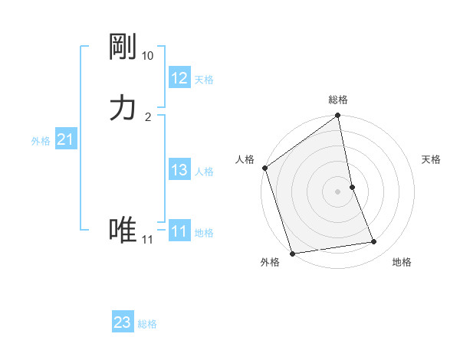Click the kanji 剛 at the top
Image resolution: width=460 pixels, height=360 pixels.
click(123, 47)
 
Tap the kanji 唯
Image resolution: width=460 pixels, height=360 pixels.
click(123, 230)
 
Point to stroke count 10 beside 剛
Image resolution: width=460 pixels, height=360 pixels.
click(147, 56)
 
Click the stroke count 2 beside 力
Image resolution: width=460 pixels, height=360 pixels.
click(148, 116)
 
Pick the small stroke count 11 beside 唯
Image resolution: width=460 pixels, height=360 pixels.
click(147, 240)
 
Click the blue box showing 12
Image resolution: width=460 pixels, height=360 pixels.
click(179, 78)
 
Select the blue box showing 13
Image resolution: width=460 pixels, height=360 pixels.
click(179, 170)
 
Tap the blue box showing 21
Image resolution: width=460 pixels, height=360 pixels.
click(65, 139)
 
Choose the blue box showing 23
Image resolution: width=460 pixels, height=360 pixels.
click(123, 322)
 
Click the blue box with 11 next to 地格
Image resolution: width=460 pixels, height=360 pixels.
click(179, 231)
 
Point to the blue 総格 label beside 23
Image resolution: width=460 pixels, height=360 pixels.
click(147, 324)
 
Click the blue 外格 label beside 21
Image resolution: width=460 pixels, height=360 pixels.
click(41, 141)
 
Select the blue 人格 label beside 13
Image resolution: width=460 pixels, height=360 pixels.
click(205, 172)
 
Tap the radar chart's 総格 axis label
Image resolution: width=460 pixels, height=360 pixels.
click(338, 100)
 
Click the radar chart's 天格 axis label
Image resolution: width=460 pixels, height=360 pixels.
click(432, 159)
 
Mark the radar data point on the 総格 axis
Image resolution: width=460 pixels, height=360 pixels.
click(338, 116)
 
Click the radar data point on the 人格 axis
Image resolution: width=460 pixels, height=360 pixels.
click(264, 168)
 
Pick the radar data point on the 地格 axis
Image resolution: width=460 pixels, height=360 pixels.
click(374, 242)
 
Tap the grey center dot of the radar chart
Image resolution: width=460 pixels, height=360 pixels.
click(338, 191)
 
